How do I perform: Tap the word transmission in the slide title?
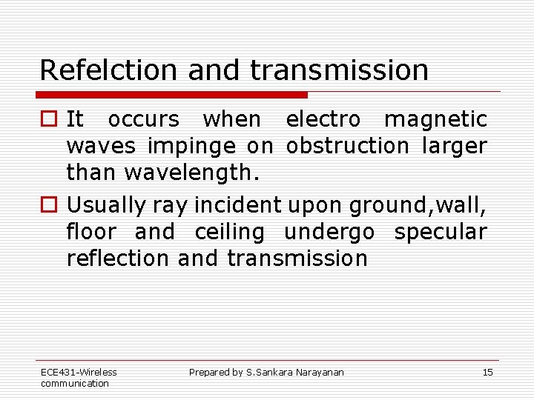point(339,70)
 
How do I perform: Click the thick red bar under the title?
point(172,95)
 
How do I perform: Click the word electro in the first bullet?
point(323,119)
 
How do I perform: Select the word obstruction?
point(347,146)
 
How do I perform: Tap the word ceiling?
point(229,231)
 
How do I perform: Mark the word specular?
point(440,231)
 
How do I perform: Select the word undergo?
point(329,232)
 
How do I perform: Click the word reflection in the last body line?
point(118,258)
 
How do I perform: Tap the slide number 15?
point(487,373)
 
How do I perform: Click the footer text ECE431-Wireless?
point(79,373)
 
